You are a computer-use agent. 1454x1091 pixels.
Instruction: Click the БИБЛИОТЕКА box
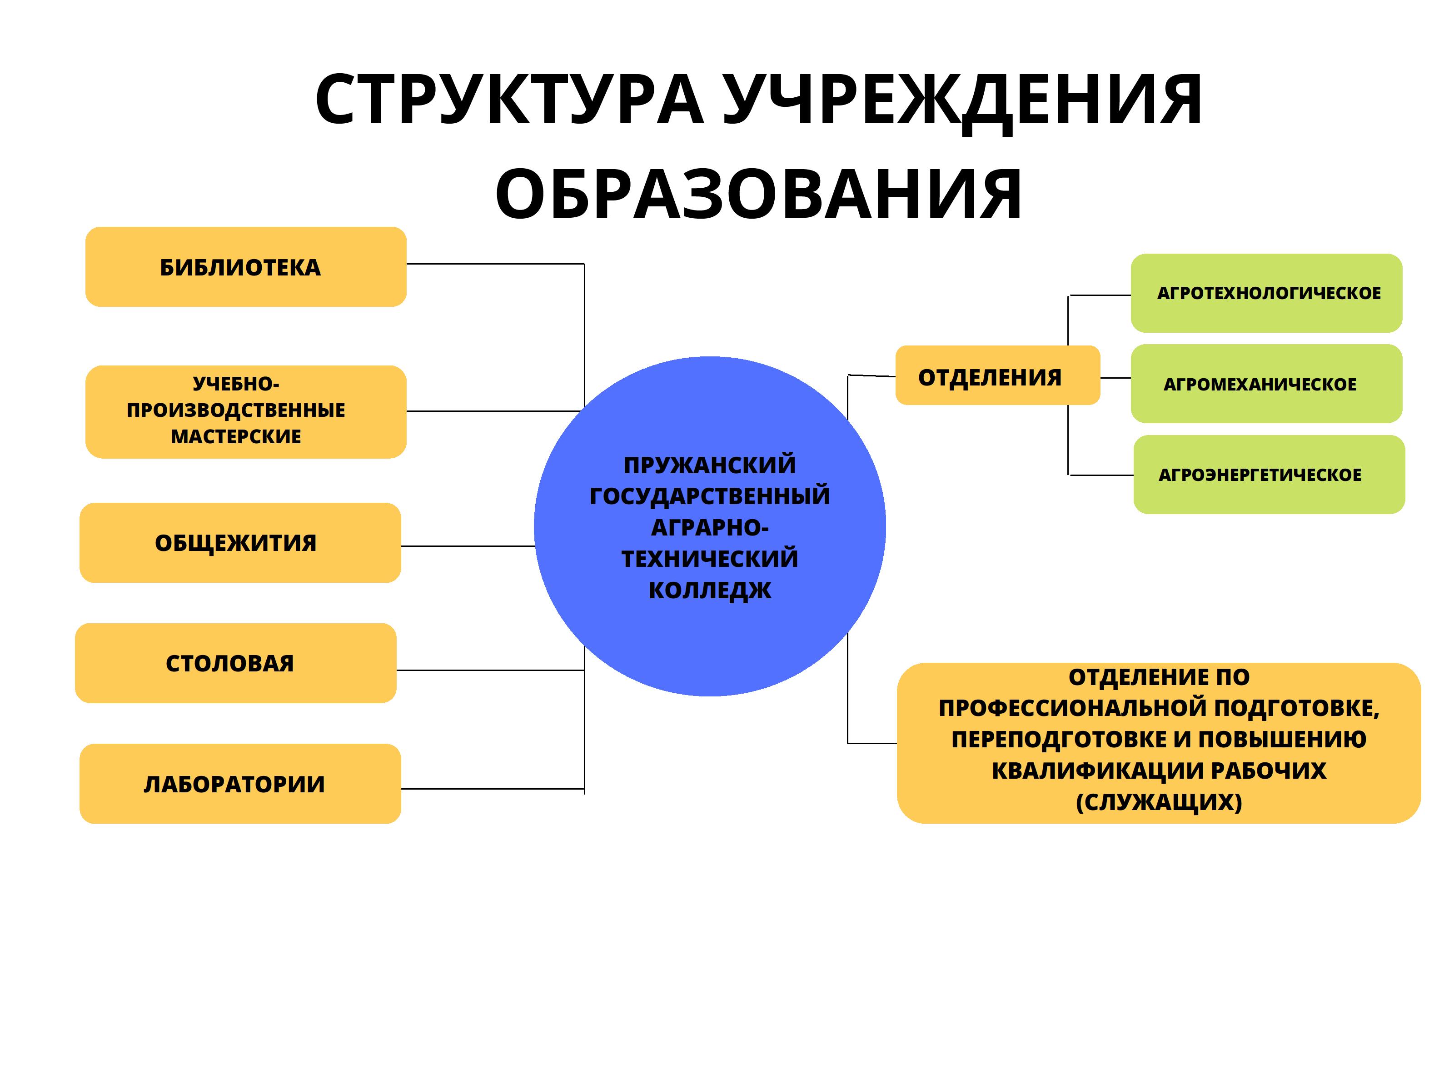click(246, 267)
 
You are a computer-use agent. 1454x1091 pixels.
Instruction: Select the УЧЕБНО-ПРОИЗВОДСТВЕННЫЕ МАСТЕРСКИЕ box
click(246, 412)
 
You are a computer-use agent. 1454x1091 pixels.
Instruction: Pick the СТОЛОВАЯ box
click(235, 663)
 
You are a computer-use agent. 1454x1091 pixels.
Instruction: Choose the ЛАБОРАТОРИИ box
click(240, 784)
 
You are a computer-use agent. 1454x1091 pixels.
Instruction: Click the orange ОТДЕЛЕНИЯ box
click(997, 375)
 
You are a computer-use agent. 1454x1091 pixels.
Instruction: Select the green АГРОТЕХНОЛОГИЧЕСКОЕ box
click(1266, 293)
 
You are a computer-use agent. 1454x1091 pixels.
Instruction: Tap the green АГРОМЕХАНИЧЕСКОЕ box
click(1266, 384)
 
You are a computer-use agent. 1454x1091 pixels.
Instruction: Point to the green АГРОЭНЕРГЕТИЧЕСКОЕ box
click(1269, 475)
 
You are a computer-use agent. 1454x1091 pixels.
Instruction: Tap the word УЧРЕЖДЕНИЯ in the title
click(963, 100)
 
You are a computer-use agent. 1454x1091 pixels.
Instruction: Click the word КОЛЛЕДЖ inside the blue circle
click(710, 591)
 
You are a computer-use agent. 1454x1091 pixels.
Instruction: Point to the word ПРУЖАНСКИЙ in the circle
click(710, 465)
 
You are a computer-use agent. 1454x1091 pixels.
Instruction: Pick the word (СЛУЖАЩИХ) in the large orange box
click(1159, 801)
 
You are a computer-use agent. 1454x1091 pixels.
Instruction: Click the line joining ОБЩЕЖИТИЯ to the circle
click(468, 546)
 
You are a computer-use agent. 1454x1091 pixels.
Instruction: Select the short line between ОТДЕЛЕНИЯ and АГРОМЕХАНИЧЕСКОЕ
click(1115, 378)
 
